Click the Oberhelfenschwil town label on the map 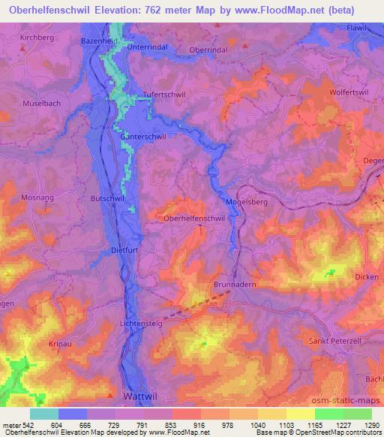[x=194, y=217]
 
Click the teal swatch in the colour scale [x=44, y=414]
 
